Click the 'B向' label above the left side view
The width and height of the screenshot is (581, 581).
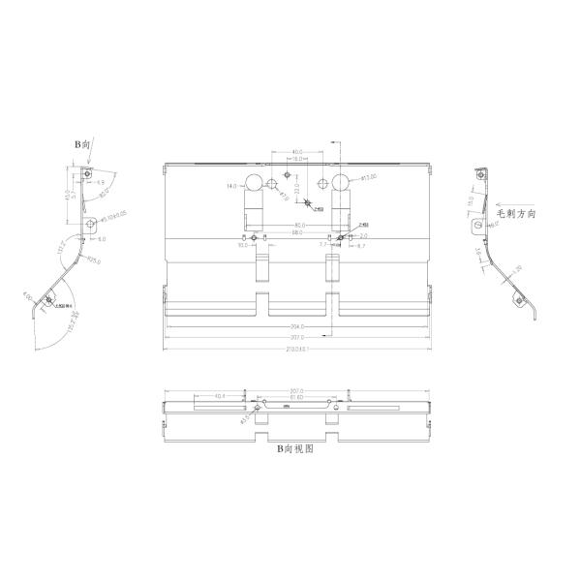pyautogui.click(x=84, y=142)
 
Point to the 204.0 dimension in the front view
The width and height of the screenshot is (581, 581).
pyautogui.click(x=296, y=326)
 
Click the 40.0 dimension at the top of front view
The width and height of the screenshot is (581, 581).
pyautogui.click(x=296, y=152)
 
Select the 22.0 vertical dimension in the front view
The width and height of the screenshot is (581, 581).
pyautogui.click(x=298, y=188)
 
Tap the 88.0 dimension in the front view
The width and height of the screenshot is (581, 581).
pyautogui.click(x=296, y=233)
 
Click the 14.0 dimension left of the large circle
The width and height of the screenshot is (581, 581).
pyautogui.click(x=231, y=185)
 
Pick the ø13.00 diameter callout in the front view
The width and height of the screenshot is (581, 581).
pyautogui.click(x=368, y=178)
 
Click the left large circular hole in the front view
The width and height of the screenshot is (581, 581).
pyautogui.click(x=255, y=184)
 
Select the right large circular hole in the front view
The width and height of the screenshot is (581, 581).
pyautogui.click(x=339, y=184)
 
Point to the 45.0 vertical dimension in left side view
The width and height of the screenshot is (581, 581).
pyautogui.click(x=67, y=195)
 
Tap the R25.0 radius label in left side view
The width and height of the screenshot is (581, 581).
pyautogui.click(x=93, y=260)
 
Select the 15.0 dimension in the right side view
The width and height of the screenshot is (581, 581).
pyautogui.click(x=472, y=202)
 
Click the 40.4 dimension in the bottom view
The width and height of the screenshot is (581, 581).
pyautogui.click(x=220, y=396)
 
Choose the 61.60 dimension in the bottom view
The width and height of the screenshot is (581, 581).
pyautogui.click(x=296, y=397)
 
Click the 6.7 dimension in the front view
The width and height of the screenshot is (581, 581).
pyautogui.click(x=359, y=247)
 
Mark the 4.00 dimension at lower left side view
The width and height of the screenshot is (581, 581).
pyautogui.click(x=28, y=296)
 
